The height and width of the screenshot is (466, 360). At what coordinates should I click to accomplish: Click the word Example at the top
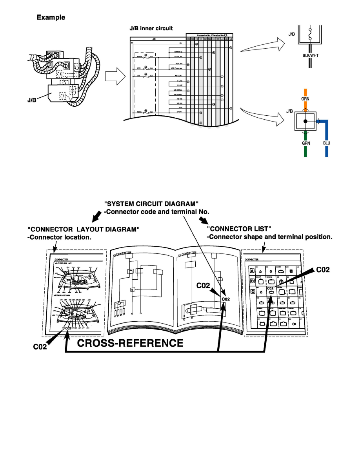click(x=51, y=18)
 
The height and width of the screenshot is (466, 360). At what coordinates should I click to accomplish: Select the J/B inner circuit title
click(x=151, y=29)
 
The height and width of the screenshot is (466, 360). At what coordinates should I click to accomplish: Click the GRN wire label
click(x=306, y=143)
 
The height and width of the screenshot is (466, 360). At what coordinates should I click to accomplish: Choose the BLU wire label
click(x=326, y=143)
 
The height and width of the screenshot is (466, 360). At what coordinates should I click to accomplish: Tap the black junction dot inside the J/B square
click(x=305, y=122)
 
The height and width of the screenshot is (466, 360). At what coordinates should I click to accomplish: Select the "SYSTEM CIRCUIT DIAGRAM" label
click(x=151, y=204)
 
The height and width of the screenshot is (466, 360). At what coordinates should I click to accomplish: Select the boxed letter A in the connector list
click(x=252, y=271)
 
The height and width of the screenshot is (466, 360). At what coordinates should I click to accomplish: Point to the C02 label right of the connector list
click(x=324, y=269)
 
